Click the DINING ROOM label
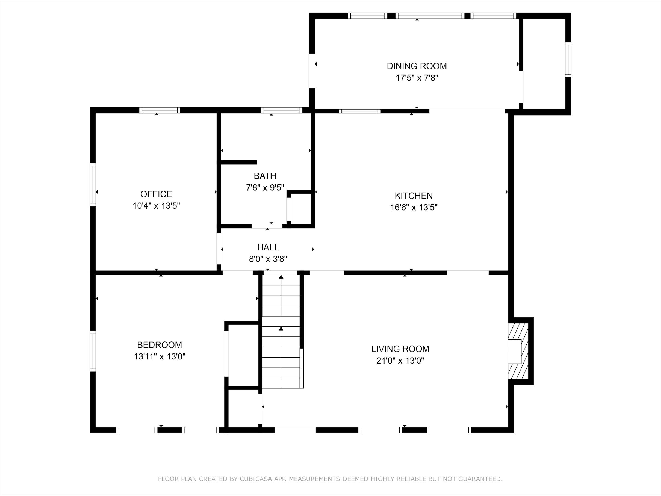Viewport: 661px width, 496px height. pos(417,66)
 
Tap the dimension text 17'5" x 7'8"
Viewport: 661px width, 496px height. pos(417,78)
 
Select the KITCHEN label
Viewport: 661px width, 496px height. pos(414,196)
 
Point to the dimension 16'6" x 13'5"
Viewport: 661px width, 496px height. pos(414,207)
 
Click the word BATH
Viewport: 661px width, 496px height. pos(265,176)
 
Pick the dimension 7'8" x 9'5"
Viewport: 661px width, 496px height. pos(265,188)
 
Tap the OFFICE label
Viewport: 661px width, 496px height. pos(156,194)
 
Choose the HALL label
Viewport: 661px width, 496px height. pos(268,247)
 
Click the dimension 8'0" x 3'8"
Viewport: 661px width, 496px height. pos(268,259)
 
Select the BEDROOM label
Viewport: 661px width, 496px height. pos(159,345)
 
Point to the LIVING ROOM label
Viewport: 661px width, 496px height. pos(400,349)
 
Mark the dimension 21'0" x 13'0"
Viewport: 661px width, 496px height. pos(400,361)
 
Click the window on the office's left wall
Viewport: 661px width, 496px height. pos(93,184)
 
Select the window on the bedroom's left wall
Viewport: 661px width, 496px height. pos(93,352)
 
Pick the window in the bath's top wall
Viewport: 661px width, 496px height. pos(282,110)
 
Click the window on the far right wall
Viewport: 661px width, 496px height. pos(568,60)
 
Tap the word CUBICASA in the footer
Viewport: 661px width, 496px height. pos(255,479)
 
